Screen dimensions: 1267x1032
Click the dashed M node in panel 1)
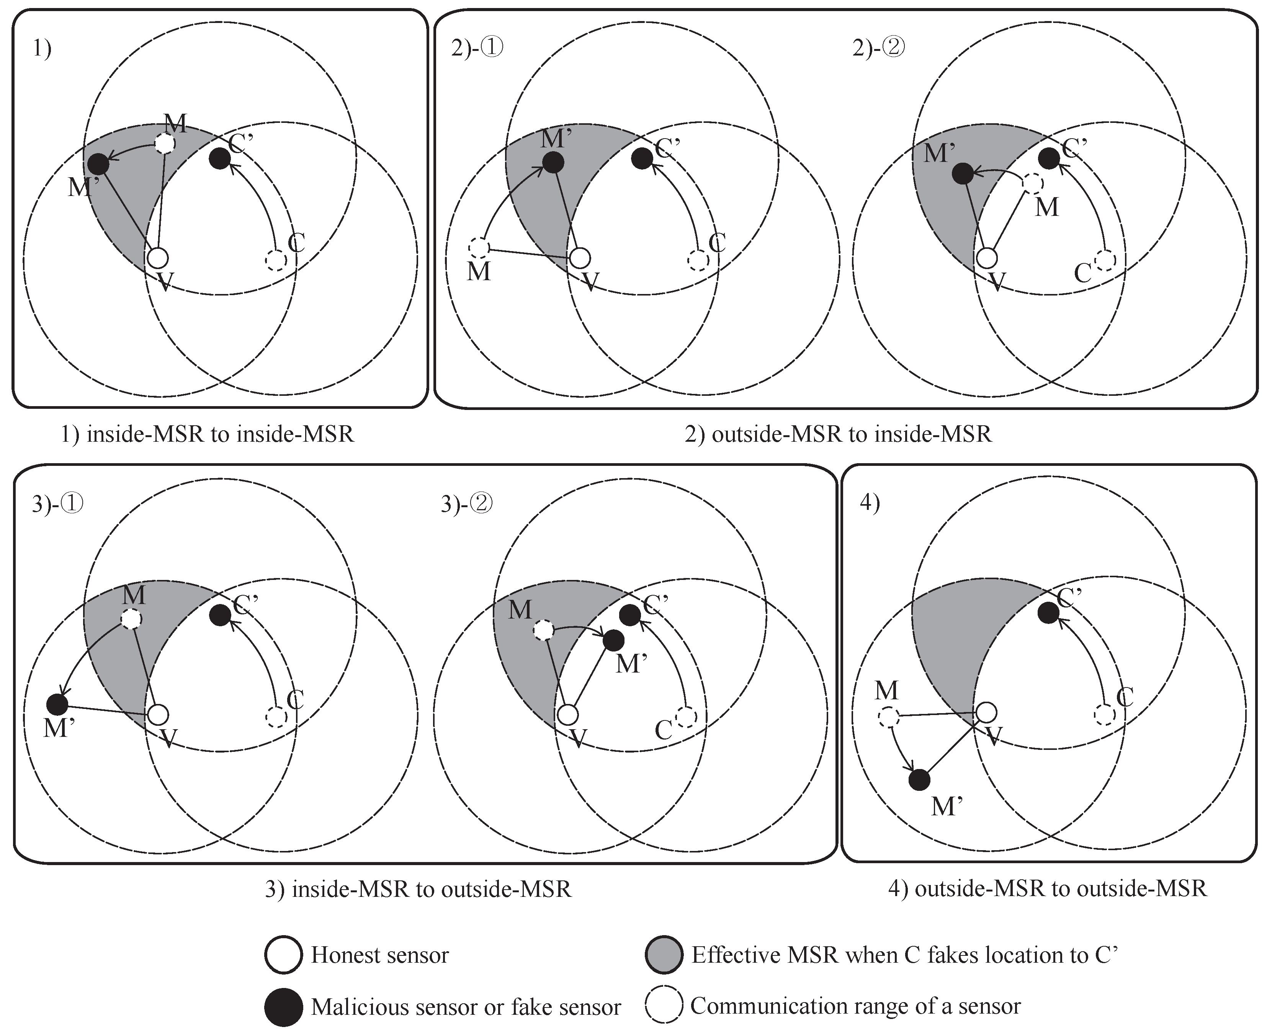pyautogui.click(x=165, y=143)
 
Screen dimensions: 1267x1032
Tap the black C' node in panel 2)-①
pyautogui.click(x=641, y=158)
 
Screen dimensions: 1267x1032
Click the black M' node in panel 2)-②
pyautogui.click(x=963, y=173)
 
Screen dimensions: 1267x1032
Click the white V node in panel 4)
pyautogui.click(x=986, y=712)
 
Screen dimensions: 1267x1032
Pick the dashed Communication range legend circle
pyautogui.click(x=664, y=1006)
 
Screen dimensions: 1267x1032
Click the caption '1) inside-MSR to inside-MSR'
pyautogui.click(x=208, y=434)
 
